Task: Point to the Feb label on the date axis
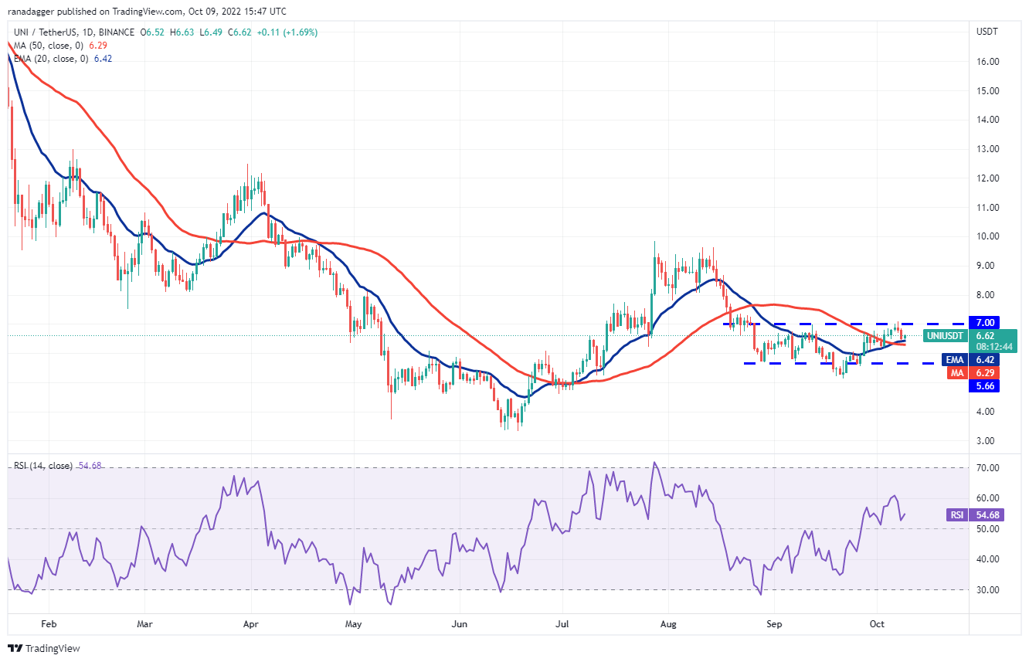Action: tap(48, 623)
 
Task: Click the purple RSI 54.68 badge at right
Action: tap(975, 514)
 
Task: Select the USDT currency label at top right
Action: tap(986, 32)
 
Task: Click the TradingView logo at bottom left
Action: tap(44, 648)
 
